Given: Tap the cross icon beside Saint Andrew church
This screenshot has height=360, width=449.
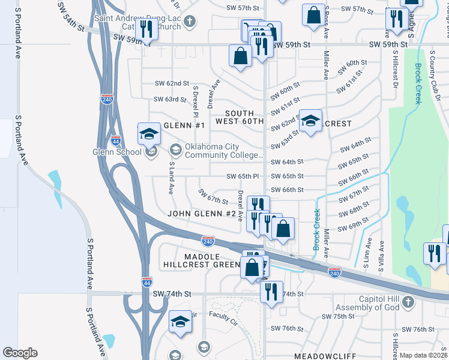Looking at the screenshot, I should (x=190, y=23).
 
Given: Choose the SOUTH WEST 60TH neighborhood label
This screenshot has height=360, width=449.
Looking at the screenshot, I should (x=244, y=117).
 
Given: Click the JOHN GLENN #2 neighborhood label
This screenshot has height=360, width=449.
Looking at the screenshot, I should (x=202, y=214).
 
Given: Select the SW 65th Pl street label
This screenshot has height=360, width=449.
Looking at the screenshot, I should (x=243, y=176).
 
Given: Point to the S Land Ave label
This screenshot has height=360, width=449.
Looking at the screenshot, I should (x=172, y=177).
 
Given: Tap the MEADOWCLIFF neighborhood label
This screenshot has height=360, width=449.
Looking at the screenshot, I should (x=324, y=356).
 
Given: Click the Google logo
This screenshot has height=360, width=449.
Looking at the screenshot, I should (x=20, y=353).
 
